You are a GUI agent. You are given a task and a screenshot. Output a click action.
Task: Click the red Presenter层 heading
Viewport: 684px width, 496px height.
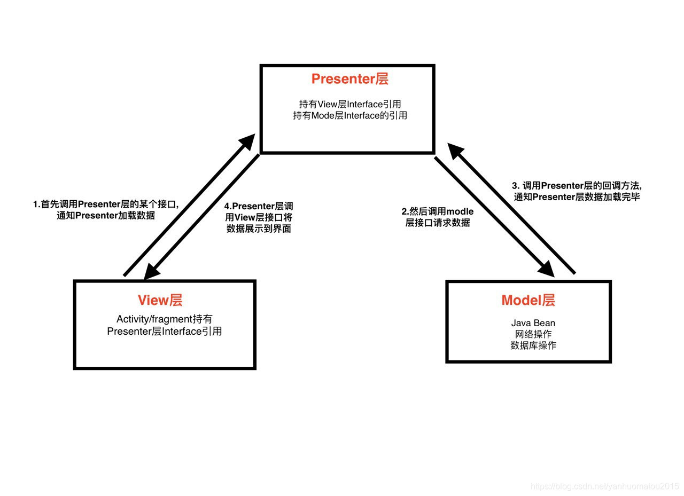coord(349,79)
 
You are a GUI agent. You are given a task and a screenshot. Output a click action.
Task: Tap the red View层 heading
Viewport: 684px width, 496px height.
coord(160,300)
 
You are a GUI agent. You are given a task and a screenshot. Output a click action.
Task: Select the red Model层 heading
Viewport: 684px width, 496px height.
coord(528,300)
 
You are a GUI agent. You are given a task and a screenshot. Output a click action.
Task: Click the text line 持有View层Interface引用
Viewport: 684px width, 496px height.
coord(349,104)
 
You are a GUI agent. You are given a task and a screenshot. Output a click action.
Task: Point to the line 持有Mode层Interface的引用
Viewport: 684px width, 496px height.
coord(349,115)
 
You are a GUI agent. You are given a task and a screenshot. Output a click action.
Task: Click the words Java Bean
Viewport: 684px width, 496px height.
coord(533,323)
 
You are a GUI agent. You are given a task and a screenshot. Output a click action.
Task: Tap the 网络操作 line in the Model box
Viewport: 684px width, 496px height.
coord(533,334)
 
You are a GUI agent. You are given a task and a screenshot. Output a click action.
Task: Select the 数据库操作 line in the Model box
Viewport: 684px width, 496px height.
coord(533,345)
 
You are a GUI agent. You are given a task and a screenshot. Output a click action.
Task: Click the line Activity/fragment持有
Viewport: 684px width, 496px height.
coord(164,319)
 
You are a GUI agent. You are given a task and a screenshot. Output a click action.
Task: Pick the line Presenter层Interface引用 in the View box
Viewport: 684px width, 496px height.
coord(164,331)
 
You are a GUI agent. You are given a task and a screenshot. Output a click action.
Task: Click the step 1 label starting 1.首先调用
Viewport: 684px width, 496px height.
coord(105,204)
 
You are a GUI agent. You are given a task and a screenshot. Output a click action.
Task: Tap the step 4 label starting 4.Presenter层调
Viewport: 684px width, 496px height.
coord(259,207)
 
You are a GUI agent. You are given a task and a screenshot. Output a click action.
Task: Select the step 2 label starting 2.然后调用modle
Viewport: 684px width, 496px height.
coord(437,212)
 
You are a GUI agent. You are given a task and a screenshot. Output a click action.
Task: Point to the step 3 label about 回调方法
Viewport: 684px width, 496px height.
coord(577,185)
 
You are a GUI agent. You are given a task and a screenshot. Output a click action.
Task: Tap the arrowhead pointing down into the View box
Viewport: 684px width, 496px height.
coord(152,271)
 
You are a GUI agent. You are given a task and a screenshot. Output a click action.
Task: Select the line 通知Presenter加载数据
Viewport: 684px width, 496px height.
coord(106,216)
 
